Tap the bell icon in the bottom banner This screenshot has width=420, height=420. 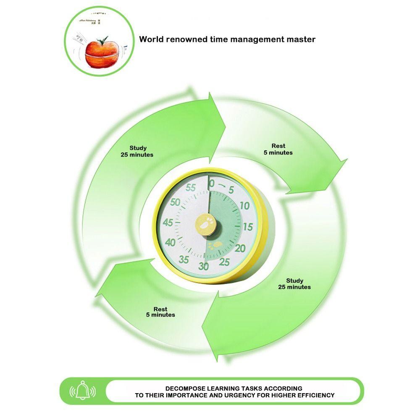click(85, 391)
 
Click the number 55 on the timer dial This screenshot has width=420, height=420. click(191, 188)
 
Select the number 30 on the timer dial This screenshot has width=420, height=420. click(204, 266)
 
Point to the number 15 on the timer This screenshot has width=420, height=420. click(248, 227)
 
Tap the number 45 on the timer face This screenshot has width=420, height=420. click(168, 223)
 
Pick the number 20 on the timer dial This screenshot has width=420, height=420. click(240, 248)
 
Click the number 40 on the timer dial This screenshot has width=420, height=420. click(171, 242)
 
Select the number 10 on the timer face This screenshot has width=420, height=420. click(244, 206)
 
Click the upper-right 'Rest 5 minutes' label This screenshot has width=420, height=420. click(278, 149)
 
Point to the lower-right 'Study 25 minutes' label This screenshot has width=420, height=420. click(294, 283)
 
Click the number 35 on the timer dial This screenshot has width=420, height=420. click(184, 259)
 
